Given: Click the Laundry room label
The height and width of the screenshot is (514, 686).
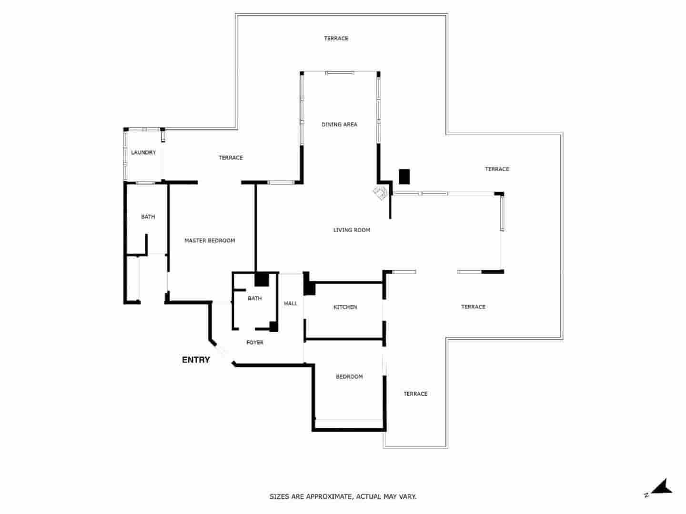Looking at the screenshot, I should click(x=143, y=153).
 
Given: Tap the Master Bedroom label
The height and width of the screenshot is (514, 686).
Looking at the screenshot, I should click(x=210, y=241).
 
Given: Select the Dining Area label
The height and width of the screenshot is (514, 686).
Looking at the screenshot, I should click(x=339, y=125).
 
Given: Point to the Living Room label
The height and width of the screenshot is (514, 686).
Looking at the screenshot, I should click(x=352, y=230).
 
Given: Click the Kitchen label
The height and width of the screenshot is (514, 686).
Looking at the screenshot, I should click(x=345, y=307).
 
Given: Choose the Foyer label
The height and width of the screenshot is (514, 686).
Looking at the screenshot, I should click(x=255, y=343).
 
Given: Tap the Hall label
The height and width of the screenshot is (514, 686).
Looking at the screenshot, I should click(x=291, y=304).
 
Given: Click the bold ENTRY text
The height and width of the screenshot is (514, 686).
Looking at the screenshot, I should click(x=196, y=360).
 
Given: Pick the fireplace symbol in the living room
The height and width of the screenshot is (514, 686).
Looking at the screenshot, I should click(x=381, y=193).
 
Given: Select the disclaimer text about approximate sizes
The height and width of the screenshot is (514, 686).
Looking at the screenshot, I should click(x=343, y=497).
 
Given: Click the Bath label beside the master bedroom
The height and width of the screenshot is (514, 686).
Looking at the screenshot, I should click(x=148, y=217).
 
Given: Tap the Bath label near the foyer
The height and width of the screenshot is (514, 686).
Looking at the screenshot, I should click(x=255, y=299).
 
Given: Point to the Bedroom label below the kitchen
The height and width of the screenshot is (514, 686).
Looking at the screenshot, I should click(x=349, y=377).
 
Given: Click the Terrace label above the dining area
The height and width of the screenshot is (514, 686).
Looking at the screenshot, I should click(x=336, y=39).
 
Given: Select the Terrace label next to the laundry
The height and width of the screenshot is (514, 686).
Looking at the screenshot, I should click(x=231, y=158).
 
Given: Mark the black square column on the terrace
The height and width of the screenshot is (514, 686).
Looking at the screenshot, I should click(x=404, y=177).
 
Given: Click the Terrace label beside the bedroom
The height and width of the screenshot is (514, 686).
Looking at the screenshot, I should click(x=415, y=394).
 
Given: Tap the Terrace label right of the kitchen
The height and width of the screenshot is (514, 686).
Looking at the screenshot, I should click(x=473, y=307).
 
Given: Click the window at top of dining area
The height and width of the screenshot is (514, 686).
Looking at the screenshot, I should click(x=340, y=73).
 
